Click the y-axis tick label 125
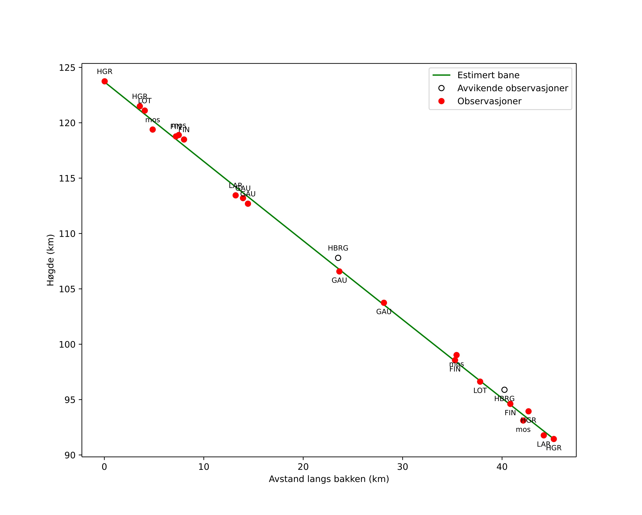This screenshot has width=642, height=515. point(67,68)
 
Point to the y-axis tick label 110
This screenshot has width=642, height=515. point(67,234)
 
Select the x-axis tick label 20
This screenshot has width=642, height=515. point(303,467)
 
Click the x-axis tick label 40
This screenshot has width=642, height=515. point(502,467)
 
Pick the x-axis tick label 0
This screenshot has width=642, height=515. point(104,467)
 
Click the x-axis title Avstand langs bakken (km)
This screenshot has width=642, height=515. point(329,479)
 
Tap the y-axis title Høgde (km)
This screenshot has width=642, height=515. point(51,260)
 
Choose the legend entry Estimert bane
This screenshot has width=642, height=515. point(488,75)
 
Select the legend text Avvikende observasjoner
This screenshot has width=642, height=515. point(512,88)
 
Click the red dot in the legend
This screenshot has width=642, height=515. point(442,101)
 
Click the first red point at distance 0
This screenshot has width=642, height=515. point(104,81)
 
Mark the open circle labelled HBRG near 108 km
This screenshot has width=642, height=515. point(338,258)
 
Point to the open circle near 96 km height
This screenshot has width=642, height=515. point(504,390)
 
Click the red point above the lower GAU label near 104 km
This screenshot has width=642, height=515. point(384,303)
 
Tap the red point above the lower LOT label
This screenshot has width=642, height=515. point(480,382)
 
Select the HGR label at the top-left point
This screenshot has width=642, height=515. point(104,72)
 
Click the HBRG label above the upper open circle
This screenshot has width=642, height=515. point(338,248)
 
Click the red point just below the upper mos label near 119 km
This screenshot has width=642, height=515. point(152,130)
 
